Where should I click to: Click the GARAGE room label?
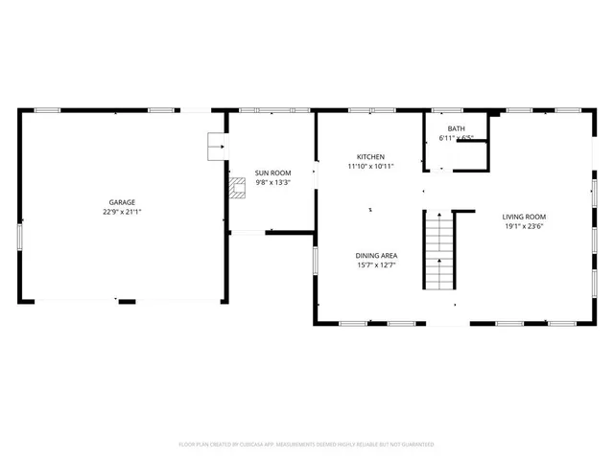pyautogui.click(x=122, y=202)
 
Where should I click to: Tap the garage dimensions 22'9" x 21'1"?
pyautogui.click(x=122, y=212)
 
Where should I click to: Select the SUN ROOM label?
pyautogui.click(x=272, y=172)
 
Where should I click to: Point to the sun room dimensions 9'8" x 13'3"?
pyautogui.click(x=272, y=182)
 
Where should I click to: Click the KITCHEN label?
pyautogui.click(x=370, y=156)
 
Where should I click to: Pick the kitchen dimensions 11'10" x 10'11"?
pyautogui.click(x=370, y=167)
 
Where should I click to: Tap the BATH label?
pyautogui.click(x=456, y=128)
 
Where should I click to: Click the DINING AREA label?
pyautogui.click(x=376, y=255)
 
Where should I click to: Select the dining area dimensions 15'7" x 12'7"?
pyautogui.click(x=376, y=265)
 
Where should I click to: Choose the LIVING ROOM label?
pyautogui.click(x=524, y=217)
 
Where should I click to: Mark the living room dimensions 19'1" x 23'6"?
pyautogui.click(x=524, y=227)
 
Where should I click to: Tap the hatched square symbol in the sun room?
pyautogui.click(x=237, y=186)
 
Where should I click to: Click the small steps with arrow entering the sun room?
pyautogui.click(x=217, y=147)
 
